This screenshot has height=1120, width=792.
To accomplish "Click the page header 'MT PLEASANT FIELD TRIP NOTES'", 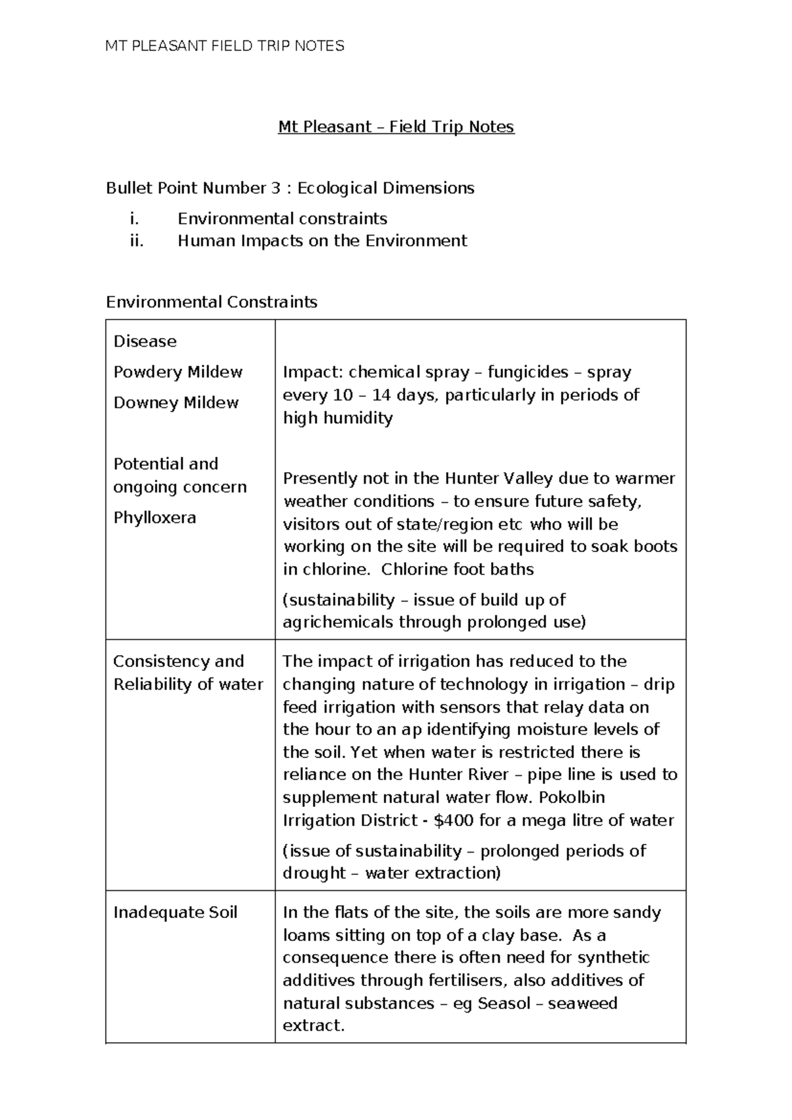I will coord(224,46).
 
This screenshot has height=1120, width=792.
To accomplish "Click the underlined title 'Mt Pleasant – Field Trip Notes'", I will coord(395,127).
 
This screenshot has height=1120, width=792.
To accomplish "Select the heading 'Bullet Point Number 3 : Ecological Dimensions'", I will coord(290,188).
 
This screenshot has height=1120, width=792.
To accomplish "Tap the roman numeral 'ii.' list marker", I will coord(137,241).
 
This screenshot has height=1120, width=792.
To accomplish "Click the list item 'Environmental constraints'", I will coord(282,219).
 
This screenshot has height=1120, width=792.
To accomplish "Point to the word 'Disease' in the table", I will coord(145,341).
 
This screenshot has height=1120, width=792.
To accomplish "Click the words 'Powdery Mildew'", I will coord(178,372).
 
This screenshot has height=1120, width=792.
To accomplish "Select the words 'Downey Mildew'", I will coord(176,403).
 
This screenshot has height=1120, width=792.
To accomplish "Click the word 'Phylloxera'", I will coord(154,517).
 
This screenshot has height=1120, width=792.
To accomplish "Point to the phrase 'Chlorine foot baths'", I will coord(457,569).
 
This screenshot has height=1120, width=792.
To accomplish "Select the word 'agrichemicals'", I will coord(338,622).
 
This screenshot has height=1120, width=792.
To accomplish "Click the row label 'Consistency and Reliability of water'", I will coord(188,673).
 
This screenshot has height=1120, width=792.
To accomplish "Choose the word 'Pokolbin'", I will coord(572,797).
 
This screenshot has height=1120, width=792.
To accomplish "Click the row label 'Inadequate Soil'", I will coord(175,913).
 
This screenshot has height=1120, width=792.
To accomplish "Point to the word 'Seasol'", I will coord(504,1003).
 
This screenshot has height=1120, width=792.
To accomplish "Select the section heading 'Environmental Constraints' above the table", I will coord(211,302).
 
